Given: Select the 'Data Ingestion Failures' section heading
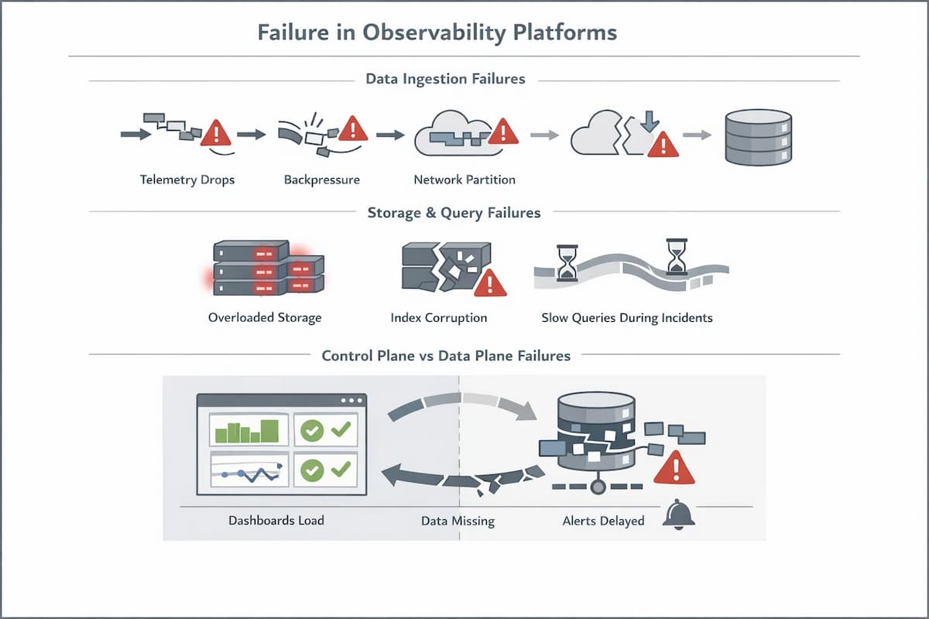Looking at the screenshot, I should click(x=445, y=79).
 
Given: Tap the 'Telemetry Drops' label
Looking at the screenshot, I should click(x=187, y=180).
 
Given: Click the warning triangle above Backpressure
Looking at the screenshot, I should click(x=353, y=128).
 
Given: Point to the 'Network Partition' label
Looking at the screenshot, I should click(x=464, y=180).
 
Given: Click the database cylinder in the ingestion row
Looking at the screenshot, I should click(x=758, y=137).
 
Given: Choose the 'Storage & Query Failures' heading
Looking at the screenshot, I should click(x=454, y=212).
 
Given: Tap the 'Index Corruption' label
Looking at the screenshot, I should click(x=439, y=318).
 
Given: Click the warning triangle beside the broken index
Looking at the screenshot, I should click(x=489, y=284).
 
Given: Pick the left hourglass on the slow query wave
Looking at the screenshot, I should click(x=567, y=263).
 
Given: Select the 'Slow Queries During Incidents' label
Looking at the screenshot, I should click(x=627, y=318).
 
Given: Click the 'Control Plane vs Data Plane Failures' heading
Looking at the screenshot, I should click(x=446, y=356).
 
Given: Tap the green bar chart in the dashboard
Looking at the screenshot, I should click(x=247, y=430).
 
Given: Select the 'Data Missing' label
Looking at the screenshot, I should click(x=458, y=521).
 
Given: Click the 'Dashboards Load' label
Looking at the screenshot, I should click(x=276, y=521).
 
